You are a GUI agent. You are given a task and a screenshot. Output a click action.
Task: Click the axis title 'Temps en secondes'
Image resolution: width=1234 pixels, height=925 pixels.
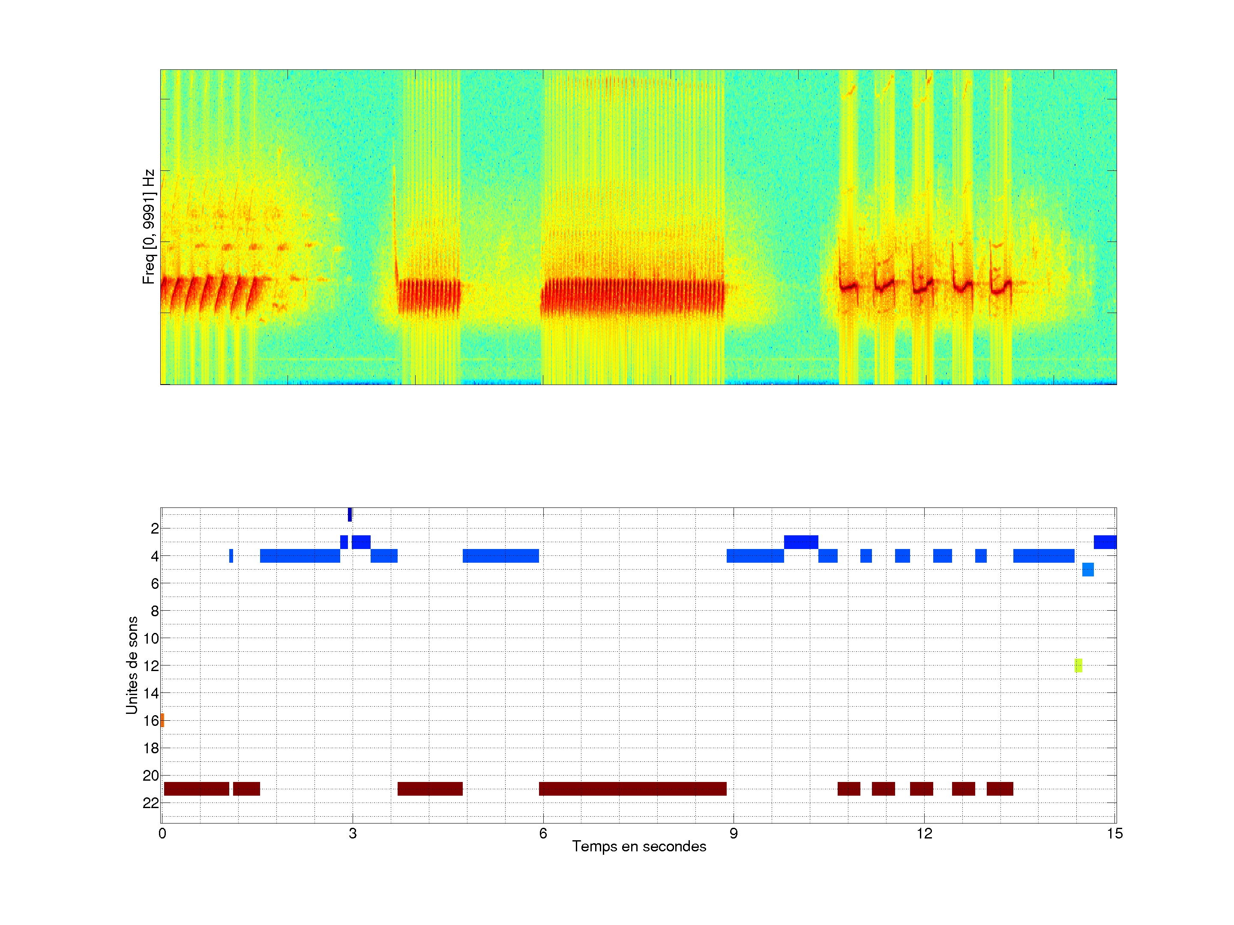639,847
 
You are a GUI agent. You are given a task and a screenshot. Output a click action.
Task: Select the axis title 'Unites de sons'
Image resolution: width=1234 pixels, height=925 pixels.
132,665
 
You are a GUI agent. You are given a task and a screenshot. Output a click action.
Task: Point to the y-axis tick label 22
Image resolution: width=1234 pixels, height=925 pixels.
151,803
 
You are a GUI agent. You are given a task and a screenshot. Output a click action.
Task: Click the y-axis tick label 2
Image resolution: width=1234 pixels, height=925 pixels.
155,528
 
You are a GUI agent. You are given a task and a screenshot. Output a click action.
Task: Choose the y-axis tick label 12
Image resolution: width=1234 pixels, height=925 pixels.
151,666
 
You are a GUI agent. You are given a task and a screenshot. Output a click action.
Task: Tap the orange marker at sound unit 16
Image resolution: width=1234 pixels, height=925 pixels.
162,720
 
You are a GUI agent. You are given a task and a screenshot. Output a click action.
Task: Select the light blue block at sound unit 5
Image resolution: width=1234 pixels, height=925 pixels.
1088,569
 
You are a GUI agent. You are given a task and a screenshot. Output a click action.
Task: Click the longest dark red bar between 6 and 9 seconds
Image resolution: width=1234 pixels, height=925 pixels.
632,789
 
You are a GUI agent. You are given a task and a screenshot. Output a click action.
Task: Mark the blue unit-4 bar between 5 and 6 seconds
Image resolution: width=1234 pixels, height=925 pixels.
500,556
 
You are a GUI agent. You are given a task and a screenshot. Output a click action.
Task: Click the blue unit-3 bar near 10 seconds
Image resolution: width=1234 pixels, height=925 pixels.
801,542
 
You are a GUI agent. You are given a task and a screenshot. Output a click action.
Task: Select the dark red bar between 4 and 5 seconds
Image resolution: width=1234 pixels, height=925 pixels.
430,789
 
